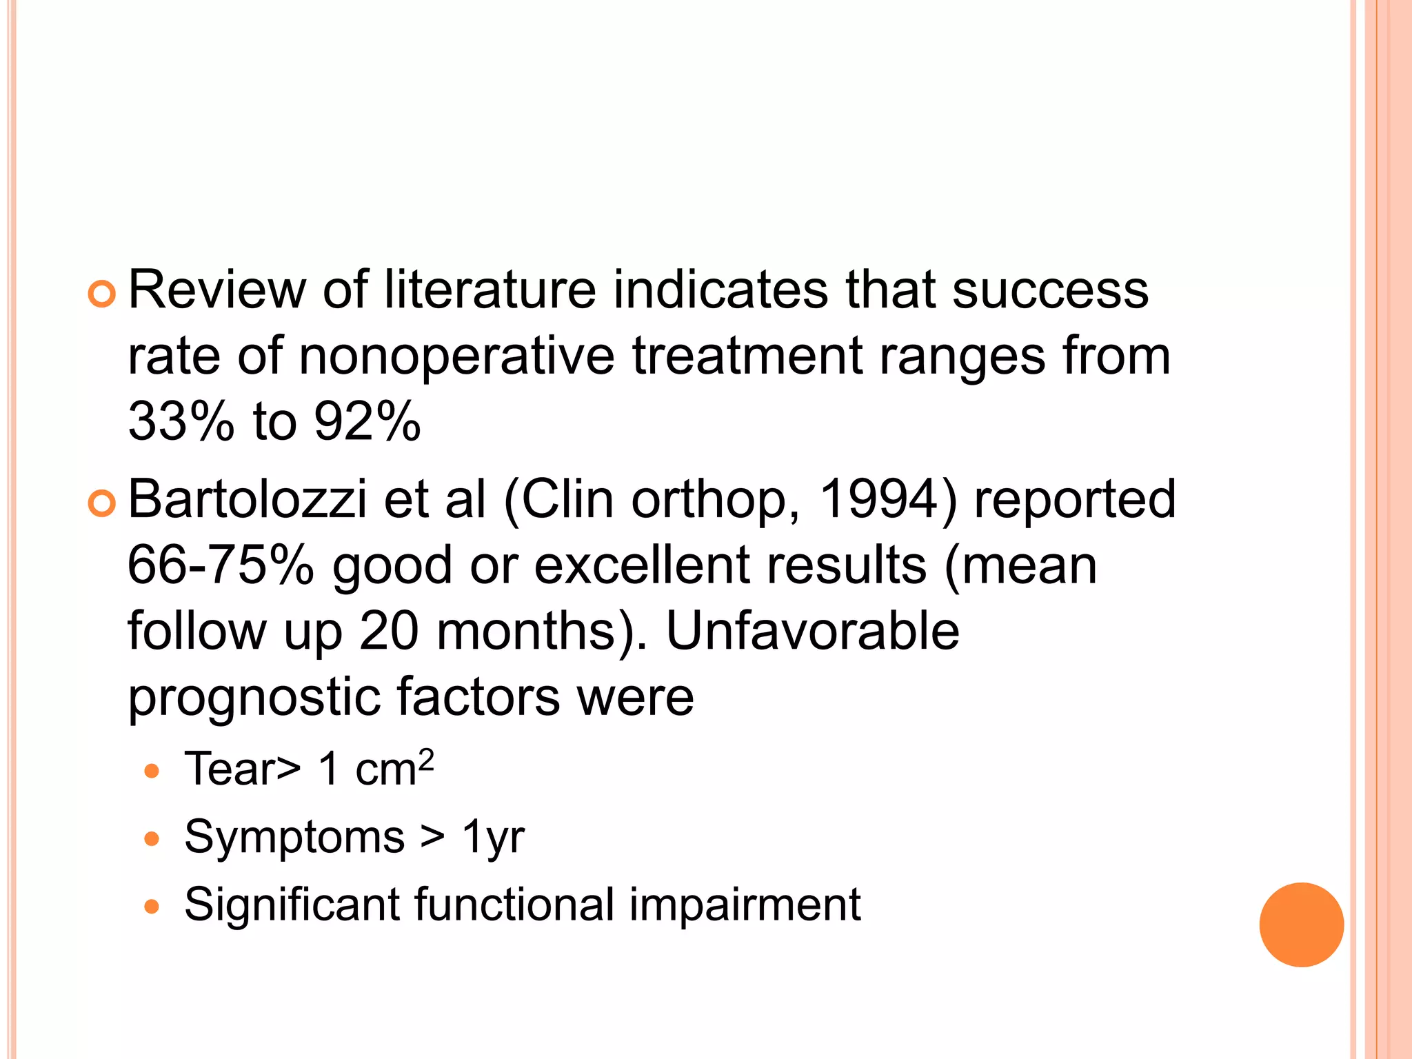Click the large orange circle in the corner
coord(1301,925)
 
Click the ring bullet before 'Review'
coord(102,294)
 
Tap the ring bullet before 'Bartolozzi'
coord(102,505)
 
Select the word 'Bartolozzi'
coord(247,499)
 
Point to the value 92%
coord(367,421)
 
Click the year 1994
coord(880,499)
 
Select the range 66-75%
coord(221,565)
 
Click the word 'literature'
coord(490,290)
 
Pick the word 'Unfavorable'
coord(812,631)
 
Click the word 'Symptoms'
coord(294,837)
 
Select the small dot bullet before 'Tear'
coord(152,771)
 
